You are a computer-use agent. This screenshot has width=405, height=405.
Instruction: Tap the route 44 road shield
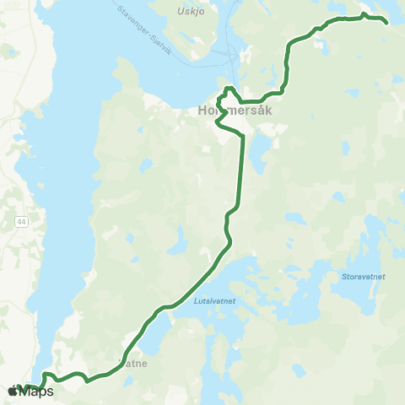click(x=19, y=220)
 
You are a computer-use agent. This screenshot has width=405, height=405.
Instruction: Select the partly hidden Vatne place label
click(x=135, y=364)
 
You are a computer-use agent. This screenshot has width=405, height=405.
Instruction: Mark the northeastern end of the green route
click(x=386, y=22)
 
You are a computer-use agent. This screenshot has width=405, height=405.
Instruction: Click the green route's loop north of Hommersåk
click(x=228, y=90)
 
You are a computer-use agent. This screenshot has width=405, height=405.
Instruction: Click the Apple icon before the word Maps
click(x=13, y=391)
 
